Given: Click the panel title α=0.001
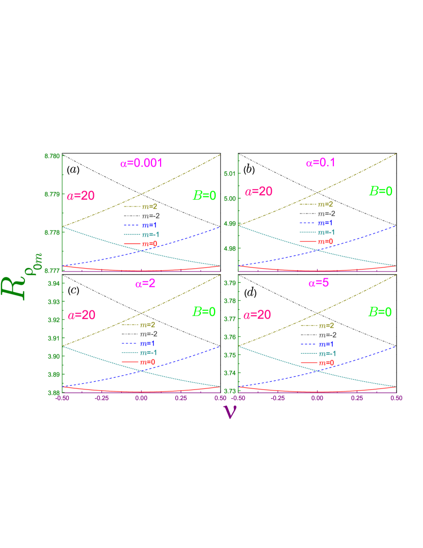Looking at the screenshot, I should [141, 163].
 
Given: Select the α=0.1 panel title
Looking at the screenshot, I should [321, 163].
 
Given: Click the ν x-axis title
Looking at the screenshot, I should [229, 411].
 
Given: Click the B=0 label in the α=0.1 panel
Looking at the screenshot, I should [381, 191].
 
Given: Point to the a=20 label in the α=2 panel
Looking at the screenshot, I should [82, 315].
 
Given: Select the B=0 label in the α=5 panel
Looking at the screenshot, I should [380, 312].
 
